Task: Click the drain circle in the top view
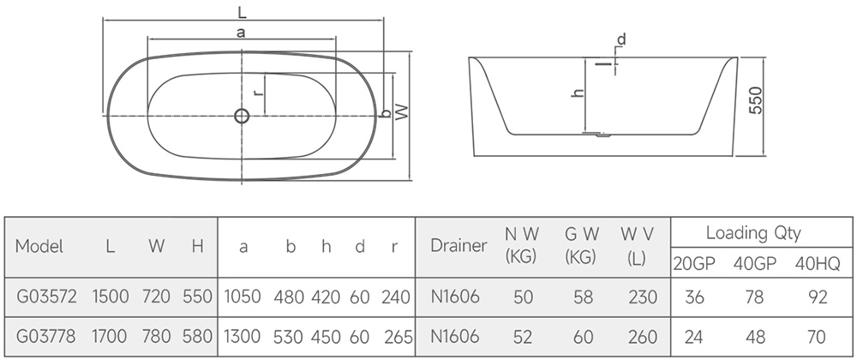point(242,116)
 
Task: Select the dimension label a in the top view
point(241,33)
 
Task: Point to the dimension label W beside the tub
point(402,112)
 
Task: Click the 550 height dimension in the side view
point(755,100)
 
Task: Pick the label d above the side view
point(621,39)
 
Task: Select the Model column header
point(39,246)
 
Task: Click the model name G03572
point(47,297)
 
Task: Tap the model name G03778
point(46,337)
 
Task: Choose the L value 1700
point(110,337)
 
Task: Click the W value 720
point(156,297)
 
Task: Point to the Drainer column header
point(458,246)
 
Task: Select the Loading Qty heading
point(753,233)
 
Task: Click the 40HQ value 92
point(817,297)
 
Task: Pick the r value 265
point(399,337)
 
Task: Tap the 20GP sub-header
point(693,264)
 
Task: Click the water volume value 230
point(643,297)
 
